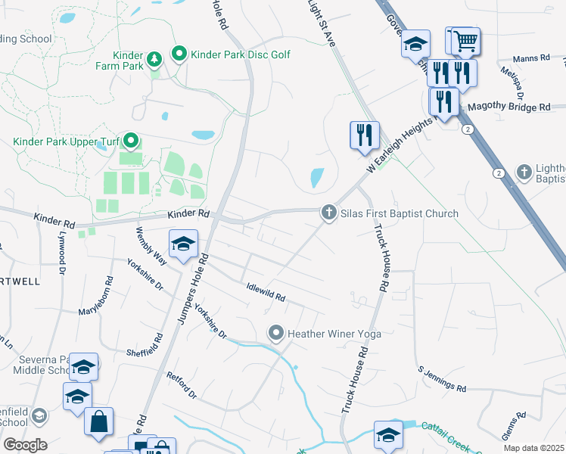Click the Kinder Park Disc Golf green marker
tap(179, 54)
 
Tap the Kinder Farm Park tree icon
tap(154, 58)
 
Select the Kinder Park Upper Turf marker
tap(131, 141)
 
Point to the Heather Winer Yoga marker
tap(276, 333)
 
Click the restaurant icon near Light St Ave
tap(365, 135)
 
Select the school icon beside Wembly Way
tap(182, 244)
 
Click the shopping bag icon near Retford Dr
tap(99, 421)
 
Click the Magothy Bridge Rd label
tap(508, 108)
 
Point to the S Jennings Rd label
tap(442, 379)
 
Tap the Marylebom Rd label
tap(96, 295)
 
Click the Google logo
tap(25, 445)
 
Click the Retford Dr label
tap(182, 385)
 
